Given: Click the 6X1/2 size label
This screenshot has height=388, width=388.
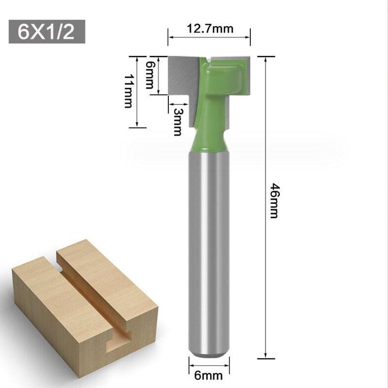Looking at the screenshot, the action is click(46, 32).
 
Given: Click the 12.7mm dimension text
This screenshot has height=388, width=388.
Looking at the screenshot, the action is click(210, 29).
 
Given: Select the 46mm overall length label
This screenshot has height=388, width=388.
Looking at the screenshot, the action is click(274, 200).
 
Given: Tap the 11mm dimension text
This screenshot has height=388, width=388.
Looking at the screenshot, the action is click(128, 91).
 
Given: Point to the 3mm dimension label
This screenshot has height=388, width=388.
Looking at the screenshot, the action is click(177, 122).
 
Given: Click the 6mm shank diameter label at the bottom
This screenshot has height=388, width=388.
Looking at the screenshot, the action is click(209, 375).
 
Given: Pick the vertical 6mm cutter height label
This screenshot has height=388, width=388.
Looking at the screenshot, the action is click(149, 75).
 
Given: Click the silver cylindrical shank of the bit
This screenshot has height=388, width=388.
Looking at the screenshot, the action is click(209, 252).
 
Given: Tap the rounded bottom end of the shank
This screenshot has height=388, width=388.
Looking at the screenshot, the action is click(209, 353).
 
